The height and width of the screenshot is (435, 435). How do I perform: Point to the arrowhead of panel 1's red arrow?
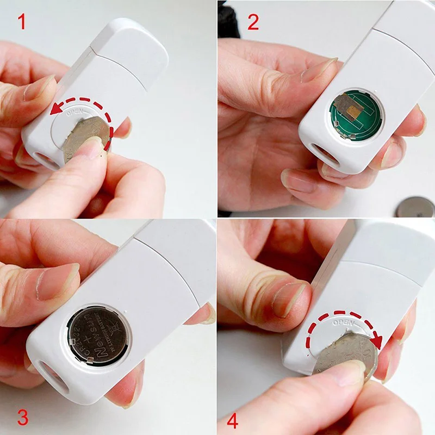tap(53, 111)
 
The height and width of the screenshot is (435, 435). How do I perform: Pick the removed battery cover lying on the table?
tap(416, 207)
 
